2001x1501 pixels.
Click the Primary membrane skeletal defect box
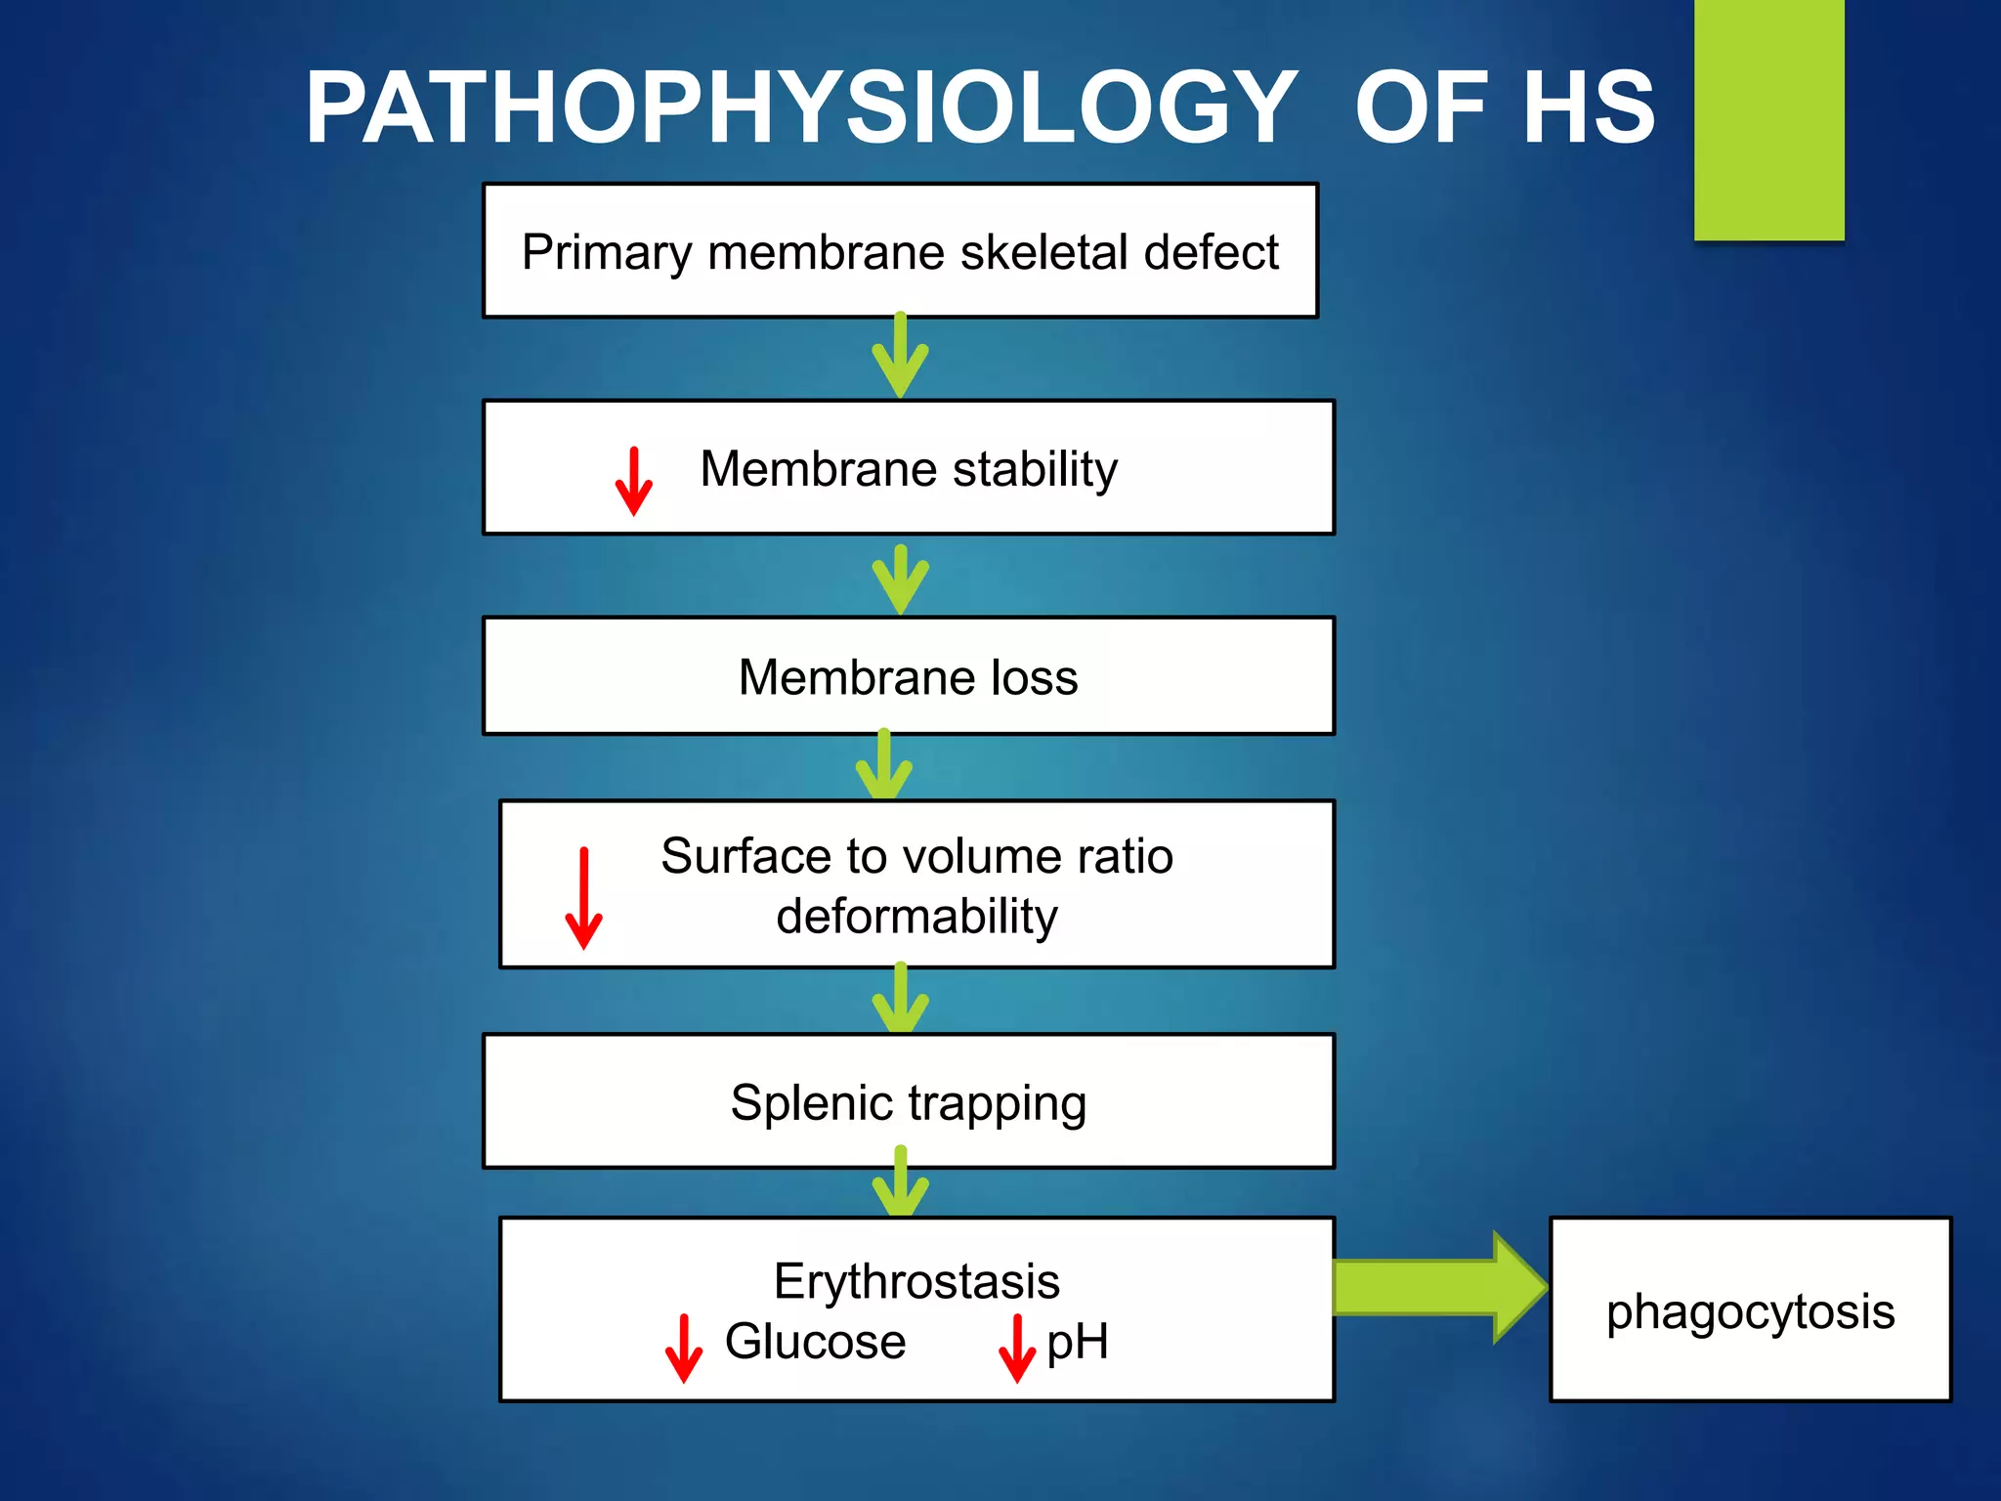pyautogui.click(x=900, y=251)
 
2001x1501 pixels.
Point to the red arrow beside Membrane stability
pyautogui.click(x=634, y=481)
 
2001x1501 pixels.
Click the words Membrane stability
pyautogui.click(x=909, y=469)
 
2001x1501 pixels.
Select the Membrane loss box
pyautogui.click(x=908, y=676)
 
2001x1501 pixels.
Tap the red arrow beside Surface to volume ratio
pyautogui.click(x=584, y=897)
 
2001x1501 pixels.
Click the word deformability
pyautogui.click(x=916, y=917)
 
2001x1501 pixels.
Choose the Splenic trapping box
pyautogui.click(x=908, y=1102)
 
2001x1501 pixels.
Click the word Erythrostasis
pyautogui.click(x=916, y=1281)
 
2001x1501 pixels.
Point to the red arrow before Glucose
pyautogui.click(x=683, y=1348)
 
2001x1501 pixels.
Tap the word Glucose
pyautogui.click(x=815, y=1342)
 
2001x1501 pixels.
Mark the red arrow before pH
pyautogui.click(x=1017, y=1348)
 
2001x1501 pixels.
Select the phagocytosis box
pyautogui.click(x=1750, y=1309)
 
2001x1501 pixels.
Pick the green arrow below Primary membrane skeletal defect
pyautogui.click(x=900, y=357)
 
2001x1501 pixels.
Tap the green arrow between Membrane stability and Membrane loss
pyautogui.click(x=900, y=579)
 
